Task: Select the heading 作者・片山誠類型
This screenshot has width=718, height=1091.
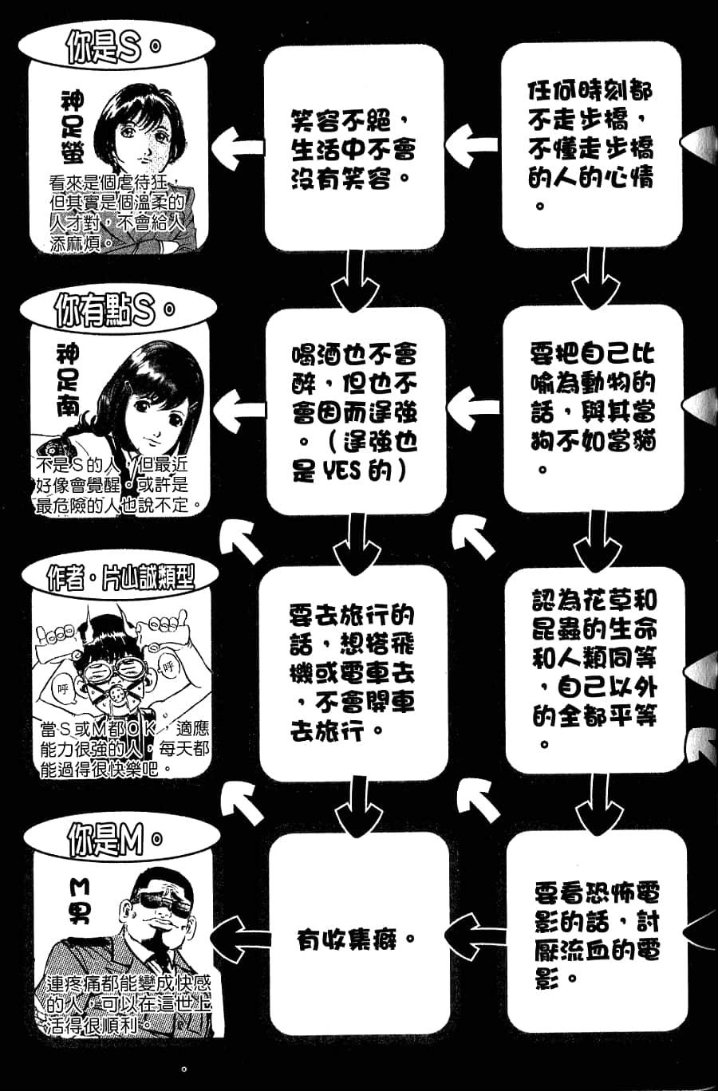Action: pos(120,577)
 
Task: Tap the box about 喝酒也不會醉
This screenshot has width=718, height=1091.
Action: pos(354,412)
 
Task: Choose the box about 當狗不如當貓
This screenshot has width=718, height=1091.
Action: pos(592,408)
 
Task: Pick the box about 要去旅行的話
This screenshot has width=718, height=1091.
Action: pos(352,673)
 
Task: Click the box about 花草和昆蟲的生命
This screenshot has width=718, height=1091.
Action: pos(594,670)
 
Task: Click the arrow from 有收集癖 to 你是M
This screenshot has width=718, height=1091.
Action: pos(240,936)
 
